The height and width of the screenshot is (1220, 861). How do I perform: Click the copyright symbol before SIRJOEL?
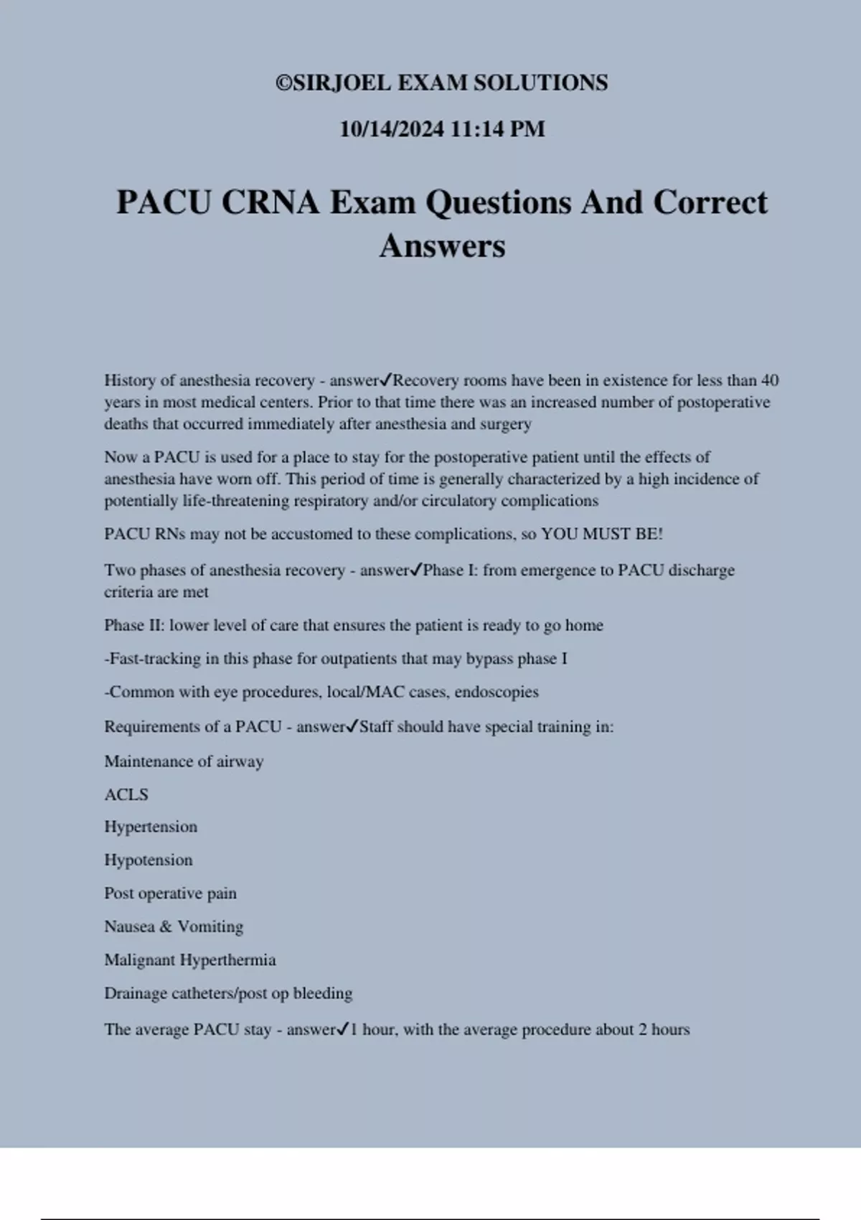(284, 83)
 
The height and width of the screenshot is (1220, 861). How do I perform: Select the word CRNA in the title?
(270, 202)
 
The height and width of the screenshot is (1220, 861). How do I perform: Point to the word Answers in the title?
(442, 246)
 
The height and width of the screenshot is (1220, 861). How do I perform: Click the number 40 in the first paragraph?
(769, 380)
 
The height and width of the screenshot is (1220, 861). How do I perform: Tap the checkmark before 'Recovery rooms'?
(385, 380)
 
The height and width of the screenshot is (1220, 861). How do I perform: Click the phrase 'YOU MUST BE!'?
(602, 534)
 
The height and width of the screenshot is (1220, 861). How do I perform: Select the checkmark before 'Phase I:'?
(416, 570)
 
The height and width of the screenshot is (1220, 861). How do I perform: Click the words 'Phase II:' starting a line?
(134, 625)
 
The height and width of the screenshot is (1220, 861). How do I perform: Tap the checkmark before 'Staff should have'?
(352, 726)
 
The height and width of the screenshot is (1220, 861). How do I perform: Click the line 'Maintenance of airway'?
(184, 761)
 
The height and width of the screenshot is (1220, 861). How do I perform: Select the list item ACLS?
(126, 795)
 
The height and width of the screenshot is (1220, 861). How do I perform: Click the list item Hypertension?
(151, 827)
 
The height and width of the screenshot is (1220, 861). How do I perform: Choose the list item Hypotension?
(149, 860)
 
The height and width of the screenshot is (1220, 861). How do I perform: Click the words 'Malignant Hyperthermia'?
(190, 960)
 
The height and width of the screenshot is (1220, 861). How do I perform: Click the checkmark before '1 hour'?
(343, 1029)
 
